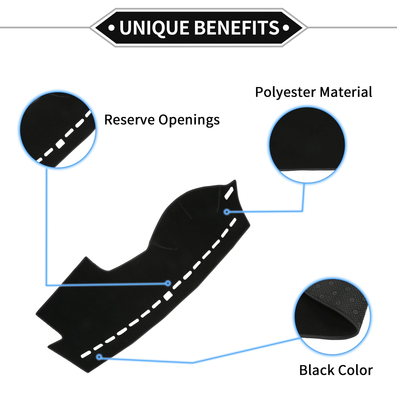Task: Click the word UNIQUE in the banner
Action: [x=154, y=28]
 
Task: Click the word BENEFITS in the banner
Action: [x=237, y=27]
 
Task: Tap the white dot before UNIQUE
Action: [x=111, y=27]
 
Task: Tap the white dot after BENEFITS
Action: [x=286, y=27]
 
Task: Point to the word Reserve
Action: [x=129, y=120]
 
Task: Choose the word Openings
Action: [x=189, y=120]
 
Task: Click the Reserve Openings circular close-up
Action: [x=58, y=130]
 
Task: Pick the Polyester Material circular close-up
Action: [x=307, y=145]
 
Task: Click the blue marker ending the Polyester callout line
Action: [x=227, y=212]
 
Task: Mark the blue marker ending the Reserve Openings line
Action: [x=168, y=283]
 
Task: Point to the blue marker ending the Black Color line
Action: [x=99, y=357]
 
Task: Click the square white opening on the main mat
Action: [x=168, y=296]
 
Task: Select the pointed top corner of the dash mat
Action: [x=235, y=180]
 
